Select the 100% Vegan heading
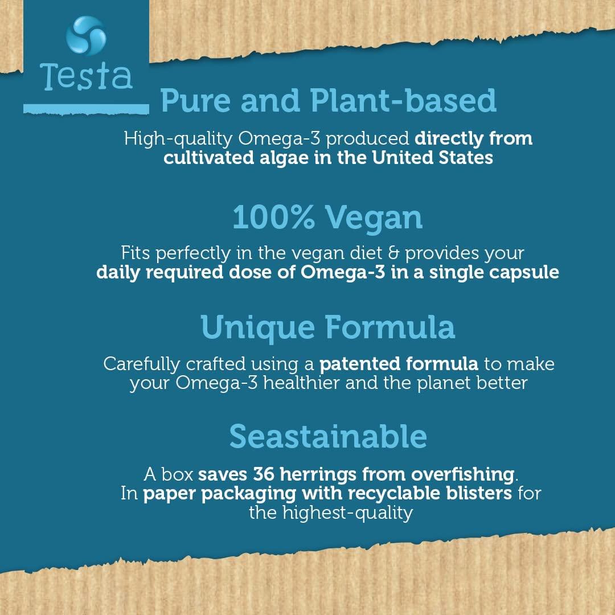pos(327,217)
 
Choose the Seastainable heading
pos(328,436)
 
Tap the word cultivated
pos(209,158)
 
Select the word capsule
pos(524,272)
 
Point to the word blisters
pos(477,493)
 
